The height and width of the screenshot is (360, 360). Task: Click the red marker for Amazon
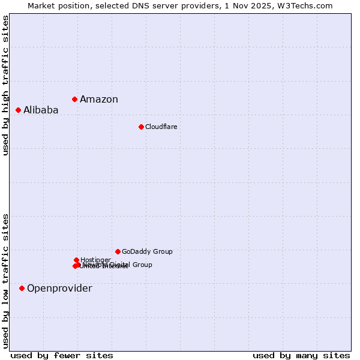point(75,99)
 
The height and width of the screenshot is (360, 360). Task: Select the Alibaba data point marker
point(19,110)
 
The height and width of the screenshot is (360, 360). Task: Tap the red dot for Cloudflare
point(141,127)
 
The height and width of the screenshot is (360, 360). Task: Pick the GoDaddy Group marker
point(118,251)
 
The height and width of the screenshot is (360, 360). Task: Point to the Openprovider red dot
point(22,288)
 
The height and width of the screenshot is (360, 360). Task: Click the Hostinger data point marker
point(77,260)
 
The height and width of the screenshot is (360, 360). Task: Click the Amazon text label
point(99,100)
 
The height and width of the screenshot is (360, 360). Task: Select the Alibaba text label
point(41,110)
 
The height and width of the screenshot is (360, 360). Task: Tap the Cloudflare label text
point(161,127)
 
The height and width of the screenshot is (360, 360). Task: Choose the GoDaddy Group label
point(147,251)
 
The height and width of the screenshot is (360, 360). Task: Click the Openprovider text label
point(59,289)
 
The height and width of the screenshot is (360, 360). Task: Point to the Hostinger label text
point(96,260)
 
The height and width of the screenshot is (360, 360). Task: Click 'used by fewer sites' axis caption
point(62,355)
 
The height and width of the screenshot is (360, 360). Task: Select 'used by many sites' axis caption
point(301,355)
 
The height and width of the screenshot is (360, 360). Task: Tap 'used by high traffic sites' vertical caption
point(6,86)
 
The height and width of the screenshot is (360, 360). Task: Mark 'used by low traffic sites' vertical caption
point(6,281)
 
